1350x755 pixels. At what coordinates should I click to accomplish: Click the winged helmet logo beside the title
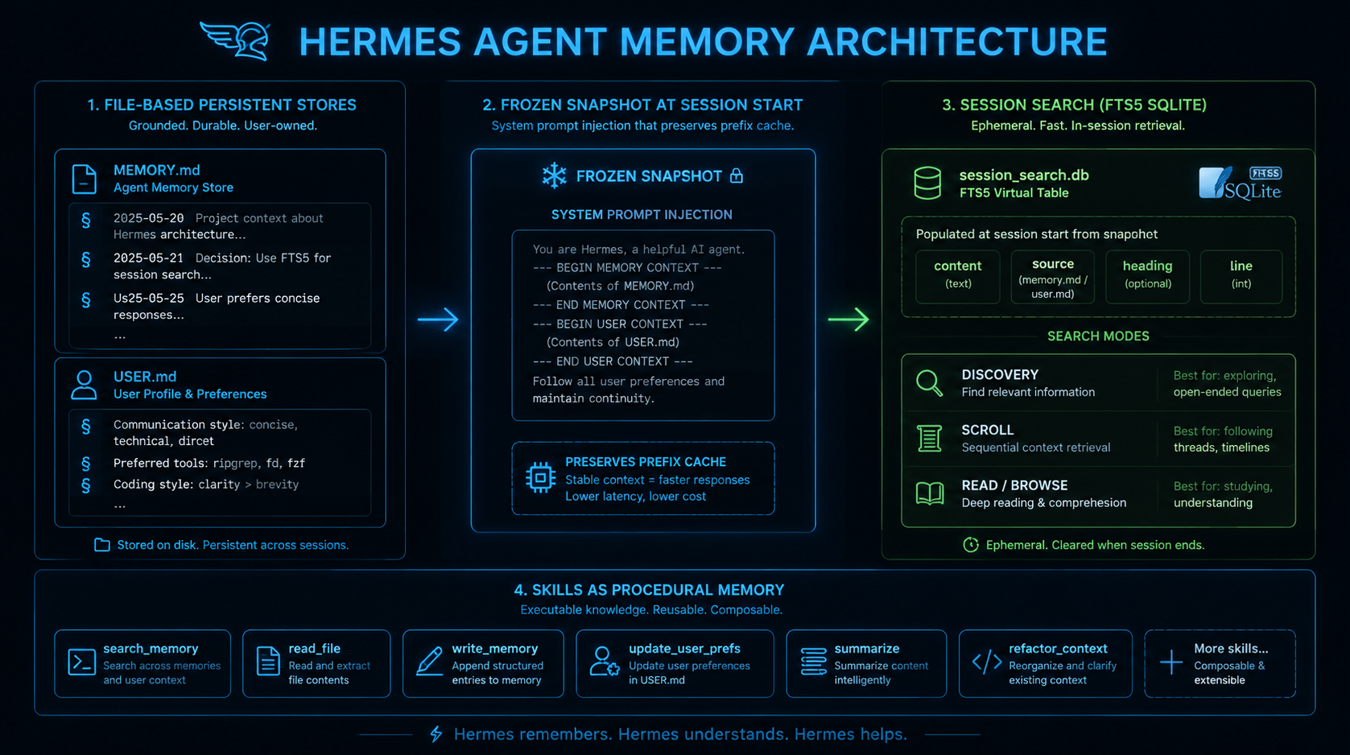[x=235, y=40]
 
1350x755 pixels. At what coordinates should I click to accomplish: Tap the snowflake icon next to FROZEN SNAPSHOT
[x=554, y=176]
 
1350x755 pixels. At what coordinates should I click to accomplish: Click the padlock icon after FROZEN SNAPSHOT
[x=737, y=176]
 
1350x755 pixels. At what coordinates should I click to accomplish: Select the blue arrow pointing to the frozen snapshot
[x=438, y=320]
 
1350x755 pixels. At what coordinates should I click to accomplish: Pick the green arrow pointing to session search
[x=848, y=320]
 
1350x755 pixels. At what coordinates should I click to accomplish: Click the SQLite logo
[x=1241, y=183]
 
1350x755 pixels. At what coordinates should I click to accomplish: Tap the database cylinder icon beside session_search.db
[x=927, y=184]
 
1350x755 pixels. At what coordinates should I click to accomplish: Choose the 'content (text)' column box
[x=958, y=277]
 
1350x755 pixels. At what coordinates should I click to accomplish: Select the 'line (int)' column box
[x=1241, y=277]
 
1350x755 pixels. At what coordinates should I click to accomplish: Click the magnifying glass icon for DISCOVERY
[x=929, y=383]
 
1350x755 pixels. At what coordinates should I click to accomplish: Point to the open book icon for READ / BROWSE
[x=930, y=493]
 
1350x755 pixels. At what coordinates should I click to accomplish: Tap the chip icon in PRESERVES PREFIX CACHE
[x=541, y=478]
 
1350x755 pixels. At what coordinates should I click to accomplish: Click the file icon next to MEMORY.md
[x=85, y=179]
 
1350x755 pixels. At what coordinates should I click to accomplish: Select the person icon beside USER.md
[x=84, y=385]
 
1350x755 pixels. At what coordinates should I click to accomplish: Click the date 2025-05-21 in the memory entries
[x=148, y=258]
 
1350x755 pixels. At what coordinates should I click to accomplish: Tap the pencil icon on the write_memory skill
[x=430, y=662]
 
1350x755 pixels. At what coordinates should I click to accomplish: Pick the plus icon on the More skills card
[x=1171, y=662]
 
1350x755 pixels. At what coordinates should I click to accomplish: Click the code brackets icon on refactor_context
[x=987, y=662]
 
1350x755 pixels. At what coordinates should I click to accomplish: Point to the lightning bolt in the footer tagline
[x=436, y=734]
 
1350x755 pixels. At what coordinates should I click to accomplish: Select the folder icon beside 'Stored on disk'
[x=102, y=545]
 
